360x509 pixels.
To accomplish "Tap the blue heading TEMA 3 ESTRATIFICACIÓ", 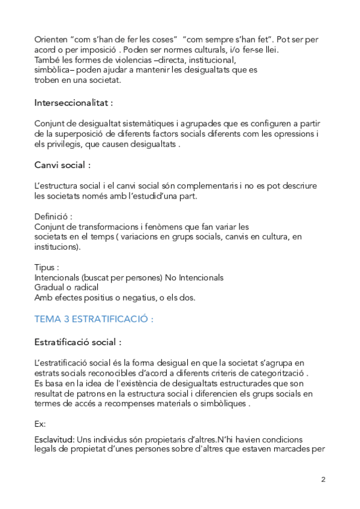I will (x=94, y=319).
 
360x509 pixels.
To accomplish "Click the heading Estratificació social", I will (x=78, y=342).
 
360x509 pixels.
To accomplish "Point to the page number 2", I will (x=323, y=480).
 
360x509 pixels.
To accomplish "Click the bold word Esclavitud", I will (x=54, y=439).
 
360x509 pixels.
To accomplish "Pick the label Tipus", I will (x=47, y=268).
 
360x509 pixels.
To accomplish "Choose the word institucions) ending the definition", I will (x=58, y=246).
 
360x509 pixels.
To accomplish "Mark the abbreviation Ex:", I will (x=41, y=424).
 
